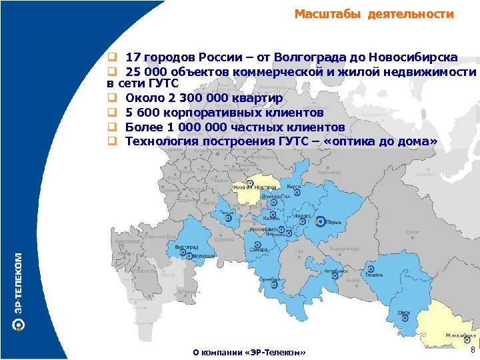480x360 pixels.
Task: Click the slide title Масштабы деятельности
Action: pos(374,14)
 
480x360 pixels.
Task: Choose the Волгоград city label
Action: pos(187,247)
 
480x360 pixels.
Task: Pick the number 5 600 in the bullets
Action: pos(143,113)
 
